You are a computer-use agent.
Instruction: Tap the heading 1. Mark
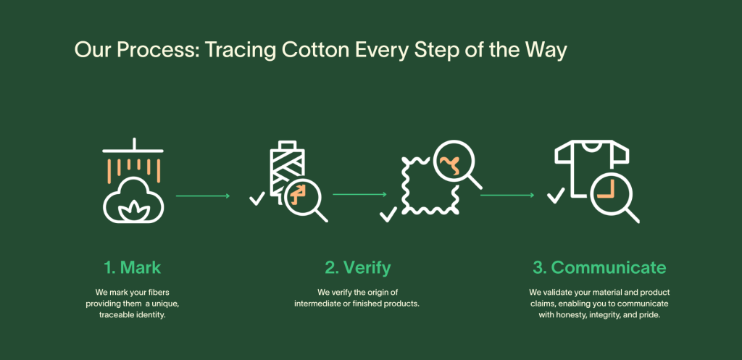(x=133, y=268)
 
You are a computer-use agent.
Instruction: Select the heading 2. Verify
(x=358, y=268)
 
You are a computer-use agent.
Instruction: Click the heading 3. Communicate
(x=599, y=268)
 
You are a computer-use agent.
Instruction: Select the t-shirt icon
(x=591, y=166)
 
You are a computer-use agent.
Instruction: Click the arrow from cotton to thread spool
(x=203, y=196)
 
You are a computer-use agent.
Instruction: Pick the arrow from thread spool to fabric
(x=359, y=194)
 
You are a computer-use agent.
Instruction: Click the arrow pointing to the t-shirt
(x=507, y=195)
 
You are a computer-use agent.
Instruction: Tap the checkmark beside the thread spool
(x=257, y=198)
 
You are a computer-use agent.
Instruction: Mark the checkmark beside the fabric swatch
(x=388, y=215)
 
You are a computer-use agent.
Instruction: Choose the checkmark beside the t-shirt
(x=556, y=196)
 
